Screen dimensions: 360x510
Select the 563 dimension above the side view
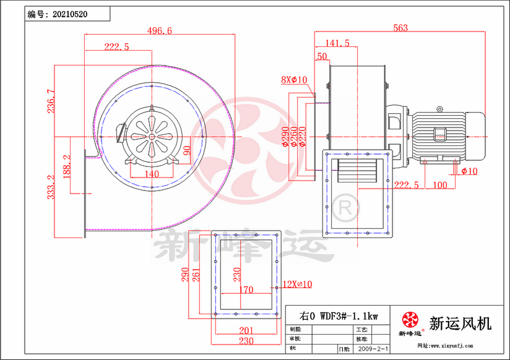point(400,27)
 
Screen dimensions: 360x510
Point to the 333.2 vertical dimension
point(51,186)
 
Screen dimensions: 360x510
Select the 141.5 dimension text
point(337,43)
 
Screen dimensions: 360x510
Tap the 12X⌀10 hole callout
point(297,284)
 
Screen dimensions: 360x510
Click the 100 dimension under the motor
point(440,185)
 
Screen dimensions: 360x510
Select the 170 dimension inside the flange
point(245,289)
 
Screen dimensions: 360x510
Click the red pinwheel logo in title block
point(410,320)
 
